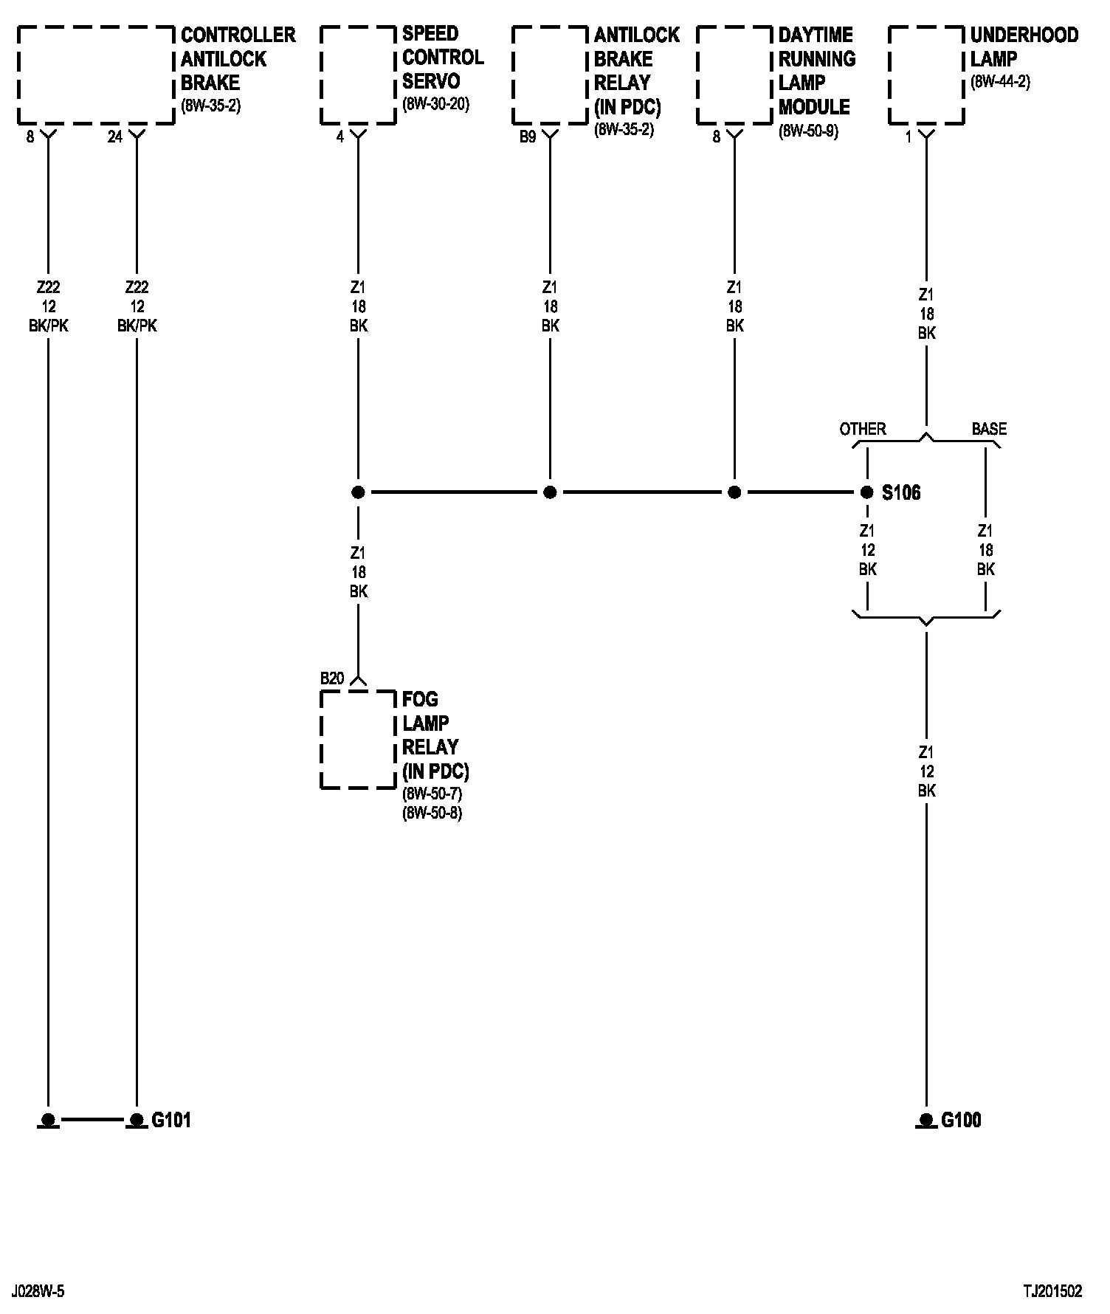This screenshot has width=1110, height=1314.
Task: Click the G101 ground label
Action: coord(171,1120)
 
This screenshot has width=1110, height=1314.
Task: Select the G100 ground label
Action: coord(961,1120)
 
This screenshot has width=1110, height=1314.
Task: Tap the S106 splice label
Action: coord(901,492)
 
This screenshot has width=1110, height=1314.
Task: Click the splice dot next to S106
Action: coord(867,492)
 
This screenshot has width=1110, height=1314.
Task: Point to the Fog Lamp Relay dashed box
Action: coord(358,740)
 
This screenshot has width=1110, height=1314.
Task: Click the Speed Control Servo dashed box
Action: coord(358,75)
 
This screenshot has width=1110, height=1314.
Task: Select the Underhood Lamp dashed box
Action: coord(926,75)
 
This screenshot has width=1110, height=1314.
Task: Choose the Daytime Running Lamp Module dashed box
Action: coord(734,75)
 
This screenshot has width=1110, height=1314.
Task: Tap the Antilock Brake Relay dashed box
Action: coord(550,75)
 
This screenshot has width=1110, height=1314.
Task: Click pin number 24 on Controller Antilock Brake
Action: coord(114,137)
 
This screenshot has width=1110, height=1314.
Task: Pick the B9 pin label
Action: coord(527,137)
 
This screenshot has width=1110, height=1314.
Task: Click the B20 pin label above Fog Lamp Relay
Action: coord(332,678)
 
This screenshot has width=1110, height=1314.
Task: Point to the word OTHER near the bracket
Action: coord(863,429)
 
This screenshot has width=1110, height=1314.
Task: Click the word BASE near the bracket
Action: coord(989,429)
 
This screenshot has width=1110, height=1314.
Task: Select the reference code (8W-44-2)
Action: coord(1000,82)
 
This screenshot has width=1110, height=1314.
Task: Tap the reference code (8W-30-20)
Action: coord(435,104)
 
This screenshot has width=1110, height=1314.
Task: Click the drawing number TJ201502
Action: coord(1052,1291)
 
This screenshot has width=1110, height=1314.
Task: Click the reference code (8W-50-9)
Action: coord(808,132)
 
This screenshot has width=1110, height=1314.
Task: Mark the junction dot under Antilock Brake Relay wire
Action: coord(550,492)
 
